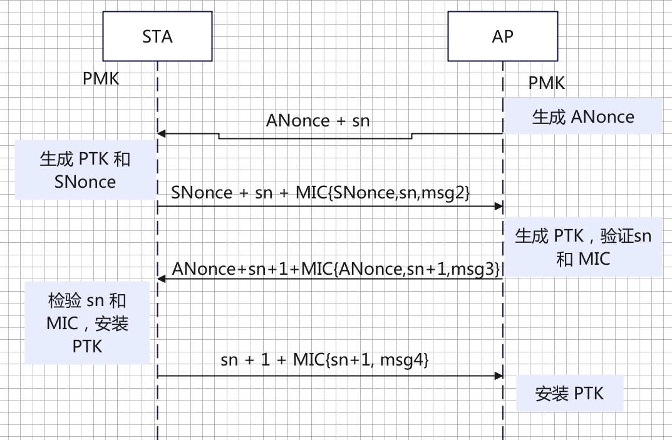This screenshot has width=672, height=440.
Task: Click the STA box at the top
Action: point(157,37)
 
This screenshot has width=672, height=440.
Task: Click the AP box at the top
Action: point(502,37)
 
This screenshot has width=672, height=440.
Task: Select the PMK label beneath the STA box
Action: point(101,79)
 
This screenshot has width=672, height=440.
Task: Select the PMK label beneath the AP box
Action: point(546,83)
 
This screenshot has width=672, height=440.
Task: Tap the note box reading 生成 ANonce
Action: point(583,116)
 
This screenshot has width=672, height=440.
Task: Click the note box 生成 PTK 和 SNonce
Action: point(85,170)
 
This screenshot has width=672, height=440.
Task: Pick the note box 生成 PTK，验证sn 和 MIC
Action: point(583,247)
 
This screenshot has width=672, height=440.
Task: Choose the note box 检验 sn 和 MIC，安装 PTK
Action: point(87,323)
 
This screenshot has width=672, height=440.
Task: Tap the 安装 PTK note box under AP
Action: point(569,393)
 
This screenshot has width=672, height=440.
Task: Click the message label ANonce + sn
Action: point(318,120)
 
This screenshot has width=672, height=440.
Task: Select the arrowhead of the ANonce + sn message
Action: point(161,133)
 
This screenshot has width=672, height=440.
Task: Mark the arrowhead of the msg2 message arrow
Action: point(499,206)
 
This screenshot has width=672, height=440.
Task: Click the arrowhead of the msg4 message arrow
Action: point(499,376)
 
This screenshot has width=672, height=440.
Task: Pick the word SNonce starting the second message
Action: point(202,193)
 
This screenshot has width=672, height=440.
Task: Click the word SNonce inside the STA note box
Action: point(85,182)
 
